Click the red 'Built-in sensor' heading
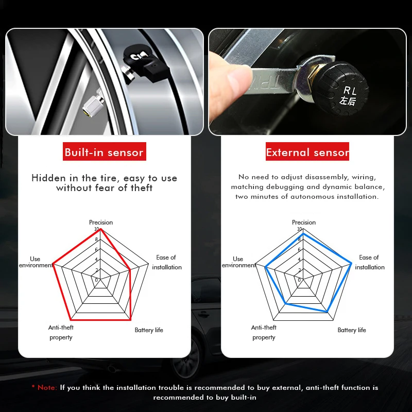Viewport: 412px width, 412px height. (x=104, y=152)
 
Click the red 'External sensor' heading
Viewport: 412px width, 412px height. (x=307, y=152)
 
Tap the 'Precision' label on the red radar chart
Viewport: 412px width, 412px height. (x=101, y=222)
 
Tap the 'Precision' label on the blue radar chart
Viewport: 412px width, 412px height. (x=304, y=222)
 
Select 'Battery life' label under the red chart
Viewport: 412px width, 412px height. (x=149, y=330)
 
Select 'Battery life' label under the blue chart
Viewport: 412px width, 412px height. (x=352, y=330)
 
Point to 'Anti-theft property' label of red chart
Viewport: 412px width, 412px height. (x=61, y=332)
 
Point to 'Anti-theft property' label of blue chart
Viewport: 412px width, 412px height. (x=264, y=332)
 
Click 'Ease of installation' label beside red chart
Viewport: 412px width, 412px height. (x=166, y=262)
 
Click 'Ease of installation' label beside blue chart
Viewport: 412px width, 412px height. (x=369, y=262)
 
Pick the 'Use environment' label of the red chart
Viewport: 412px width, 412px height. (x=36, y=262)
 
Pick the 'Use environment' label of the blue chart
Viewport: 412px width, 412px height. (x=238, y=262)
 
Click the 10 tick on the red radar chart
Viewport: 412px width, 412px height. (x=96, y=229)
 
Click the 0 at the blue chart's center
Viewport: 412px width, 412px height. (x=299, y=280)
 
